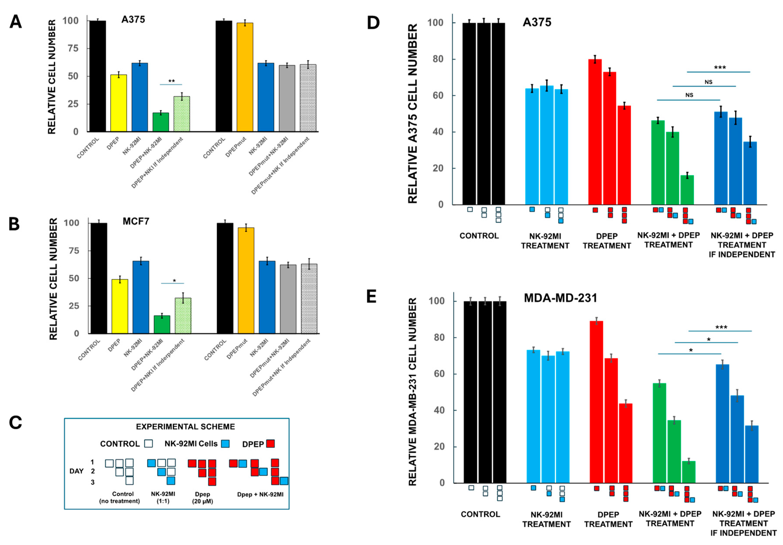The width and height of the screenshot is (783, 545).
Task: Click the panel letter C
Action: (x=15, y=423)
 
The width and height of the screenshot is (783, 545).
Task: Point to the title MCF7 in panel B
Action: (x=136, y=221)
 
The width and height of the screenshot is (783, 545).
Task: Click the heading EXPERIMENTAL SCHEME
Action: (x=185, y=427)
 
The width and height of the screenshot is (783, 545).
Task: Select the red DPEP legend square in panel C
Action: (x=270, y=443)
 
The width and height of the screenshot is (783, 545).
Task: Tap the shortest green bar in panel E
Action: (x=689, y=472)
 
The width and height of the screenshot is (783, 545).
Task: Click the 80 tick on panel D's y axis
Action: (x=438, y=59)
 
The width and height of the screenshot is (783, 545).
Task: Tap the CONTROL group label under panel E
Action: (x=480, y=514)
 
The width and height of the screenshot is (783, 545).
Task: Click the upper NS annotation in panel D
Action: (x=708, y=82)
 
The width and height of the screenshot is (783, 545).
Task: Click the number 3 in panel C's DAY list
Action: (x=93, y=482)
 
